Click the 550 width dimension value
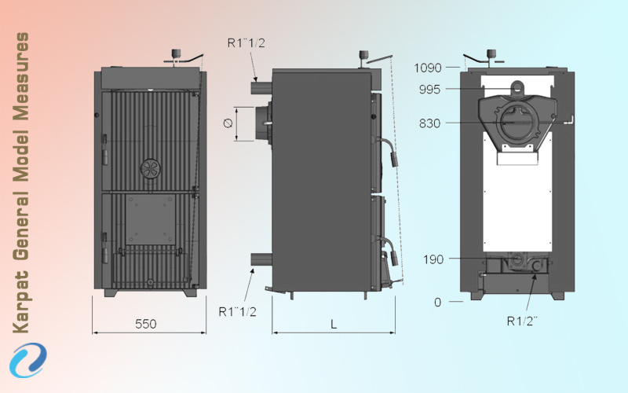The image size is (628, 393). pos(146,324)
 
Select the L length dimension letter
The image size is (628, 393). pos(334,324)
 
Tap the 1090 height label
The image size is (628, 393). pos(428,68)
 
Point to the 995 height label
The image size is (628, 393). pos(429,89)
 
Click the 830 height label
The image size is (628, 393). pos(429,123)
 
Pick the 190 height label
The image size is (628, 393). pos(433,259)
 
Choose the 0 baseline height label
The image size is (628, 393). pos(438,302)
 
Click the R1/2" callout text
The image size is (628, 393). pos(522,321)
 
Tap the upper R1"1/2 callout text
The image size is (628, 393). pos(246,43)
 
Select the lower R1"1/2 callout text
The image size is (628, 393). pos(238,311)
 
